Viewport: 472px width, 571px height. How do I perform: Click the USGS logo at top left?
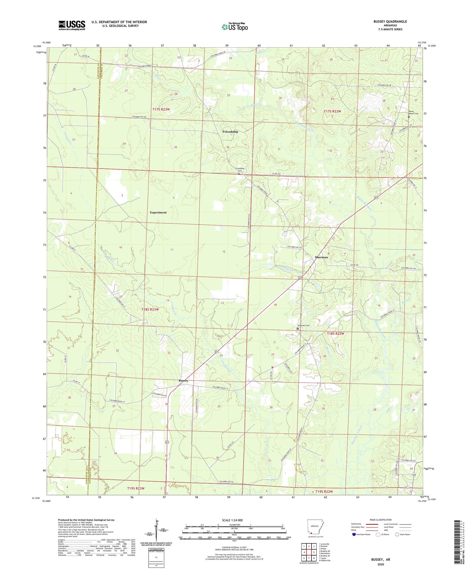pos(72,25)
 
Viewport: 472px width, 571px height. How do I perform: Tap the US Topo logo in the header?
pos(234,27)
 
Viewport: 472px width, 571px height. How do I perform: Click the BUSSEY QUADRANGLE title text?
pos(390,21)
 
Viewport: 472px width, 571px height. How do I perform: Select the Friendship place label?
pos(230,132)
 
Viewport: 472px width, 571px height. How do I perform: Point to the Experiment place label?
pos(158,212)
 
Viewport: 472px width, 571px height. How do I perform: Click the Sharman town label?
pos(321,257)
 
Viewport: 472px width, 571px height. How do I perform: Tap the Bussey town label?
pos(183,380)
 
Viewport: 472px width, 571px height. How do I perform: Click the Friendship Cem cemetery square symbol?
pos(239,174)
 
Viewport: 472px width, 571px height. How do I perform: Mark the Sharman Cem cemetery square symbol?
pos(298,328)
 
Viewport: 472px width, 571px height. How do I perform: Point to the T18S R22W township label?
pos(335,334)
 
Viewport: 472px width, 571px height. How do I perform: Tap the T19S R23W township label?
pos(136,488)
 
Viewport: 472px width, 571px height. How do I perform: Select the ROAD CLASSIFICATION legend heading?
pos(380,520)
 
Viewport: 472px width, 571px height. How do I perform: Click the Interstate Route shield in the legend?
pos(354,534)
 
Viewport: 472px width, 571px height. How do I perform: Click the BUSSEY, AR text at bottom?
pos(381,559)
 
